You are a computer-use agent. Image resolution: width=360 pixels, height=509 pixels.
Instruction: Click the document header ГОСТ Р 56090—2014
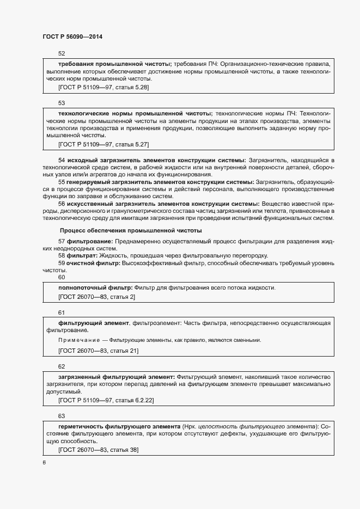click(72, 36)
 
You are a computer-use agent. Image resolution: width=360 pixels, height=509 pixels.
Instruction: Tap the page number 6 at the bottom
click(44, 462)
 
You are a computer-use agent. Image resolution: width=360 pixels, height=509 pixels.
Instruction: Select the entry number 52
click(62, 54)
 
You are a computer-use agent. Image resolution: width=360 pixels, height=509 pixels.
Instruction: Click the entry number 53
click(62, 102)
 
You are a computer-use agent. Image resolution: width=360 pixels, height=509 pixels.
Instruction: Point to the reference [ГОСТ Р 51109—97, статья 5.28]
click(103, 87)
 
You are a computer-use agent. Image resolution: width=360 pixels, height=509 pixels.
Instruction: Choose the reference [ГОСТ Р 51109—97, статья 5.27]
click(103, 144)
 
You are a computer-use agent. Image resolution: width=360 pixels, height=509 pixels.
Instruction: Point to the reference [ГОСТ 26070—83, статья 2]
click(96, 297)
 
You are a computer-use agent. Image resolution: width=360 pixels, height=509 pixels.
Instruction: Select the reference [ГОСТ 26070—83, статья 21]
click(98, 351)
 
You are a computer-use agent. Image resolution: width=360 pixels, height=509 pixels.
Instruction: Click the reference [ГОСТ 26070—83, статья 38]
click(98, 450)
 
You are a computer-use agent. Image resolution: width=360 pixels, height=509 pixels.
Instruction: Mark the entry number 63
click(62, 415)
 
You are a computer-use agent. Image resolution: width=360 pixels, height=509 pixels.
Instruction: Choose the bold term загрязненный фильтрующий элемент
click(116, 376)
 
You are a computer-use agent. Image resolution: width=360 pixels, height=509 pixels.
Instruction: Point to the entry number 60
click(62, 277)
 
